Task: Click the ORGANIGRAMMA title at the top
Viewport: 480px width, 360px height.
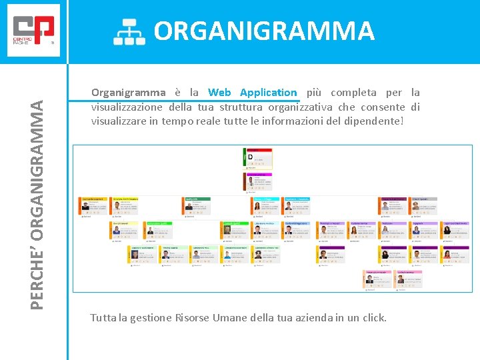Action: coord(264,31)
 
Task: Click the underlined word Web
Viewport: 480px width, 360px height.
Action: coord(219,93)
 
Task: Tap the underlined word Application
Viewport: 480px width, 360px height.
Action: coord(268,93)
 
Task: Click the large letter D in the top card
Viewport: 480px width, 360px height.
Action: coord(251,158)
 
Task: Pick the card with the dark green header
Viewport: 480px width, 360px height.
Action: coord(197,206)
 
